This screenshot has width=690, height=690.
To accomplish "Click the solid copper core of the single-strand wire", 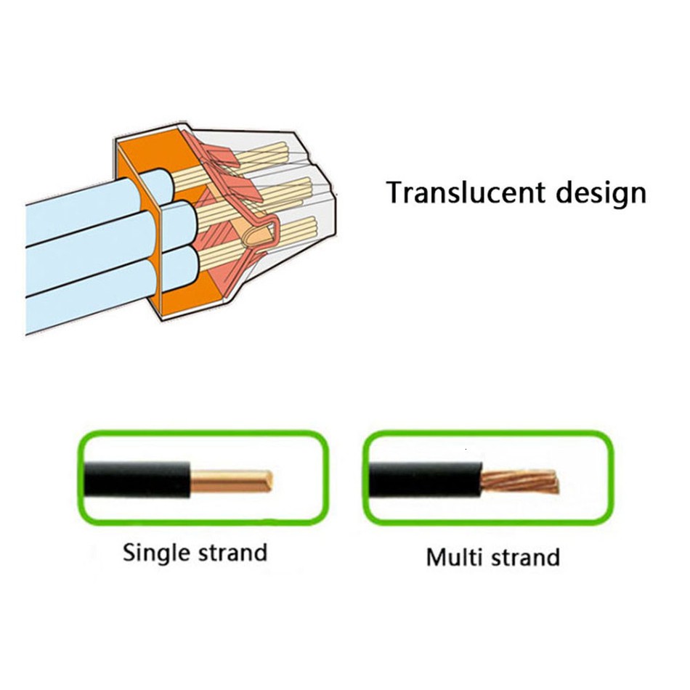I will [229, 480].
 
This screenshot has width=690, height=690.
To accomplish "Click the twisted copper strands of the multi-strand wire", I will [519, 482].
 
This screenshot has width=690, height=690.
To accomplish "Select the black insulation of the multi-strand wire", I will [425, 479].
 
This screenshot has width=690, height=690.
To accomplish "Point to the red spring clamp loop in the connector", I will [261, 232].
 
